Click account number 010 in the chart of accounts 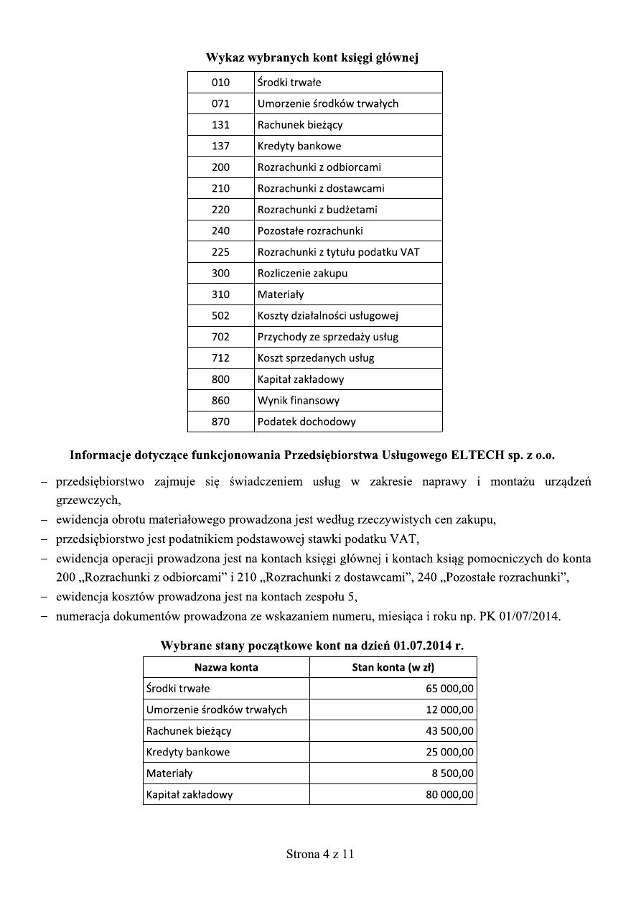point(220,83)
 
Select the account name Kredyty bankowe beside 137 point(299,146)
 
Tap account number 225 point(220,252)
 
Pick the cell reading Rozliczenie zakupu point(302,273)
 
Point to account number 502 point(220,315)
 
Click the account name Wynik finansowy point(299,400)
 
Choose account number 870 point(220,422)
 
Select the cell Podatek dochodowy point(307,422)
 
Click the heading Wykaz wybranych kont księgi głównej point(312,58)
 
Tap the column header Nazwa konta point(226,667)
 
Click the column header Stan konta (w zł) point(393,667)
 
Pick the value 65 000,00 point(449,689)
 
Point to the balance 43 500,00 point(449,731)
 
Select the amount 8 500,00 point(452,773)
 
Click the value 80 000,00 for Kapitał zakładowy point(449,795)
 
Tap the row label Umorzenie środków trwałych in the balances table point(217,710)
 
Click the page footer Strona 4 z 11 point(320,854)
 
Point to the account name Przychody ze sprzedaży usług point(328,337)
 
